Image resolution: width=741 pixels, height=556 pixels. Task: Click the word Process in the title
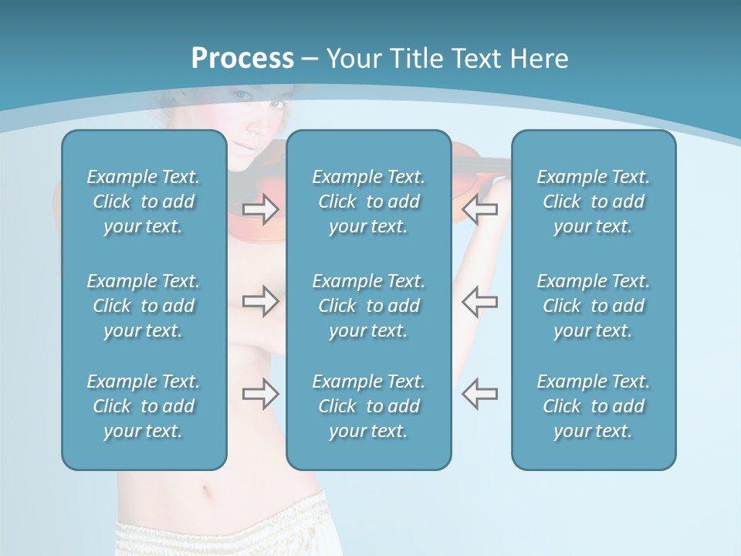242,59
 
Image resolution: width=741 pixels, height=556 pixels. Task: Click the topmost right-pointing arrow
261,208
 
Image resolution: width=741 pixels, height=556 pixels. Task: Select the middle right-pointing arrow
261,301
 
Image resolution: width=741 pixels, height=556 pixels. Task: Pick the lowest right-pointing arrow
261,394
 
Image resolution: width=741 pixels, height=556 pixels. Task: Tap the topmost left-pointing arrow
479,208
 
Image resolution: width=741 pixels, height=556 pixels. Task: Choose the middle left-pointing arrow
479,301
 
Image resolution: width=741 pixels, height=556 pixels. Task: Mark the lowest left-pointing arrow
479,394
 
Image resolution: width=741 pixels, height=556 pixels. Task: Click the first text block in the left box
144,202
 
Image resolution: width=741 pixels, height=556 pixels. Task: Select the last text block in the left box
144,406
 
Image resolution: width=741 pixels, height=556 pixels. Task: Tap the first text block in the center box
368,202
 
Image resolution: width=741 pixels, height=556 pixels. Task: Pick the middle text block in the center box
368,306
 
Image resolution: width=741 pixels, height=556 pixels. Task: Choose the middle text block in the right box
593,306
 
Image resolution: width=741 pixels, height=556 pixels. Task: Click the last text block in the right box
593,406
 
